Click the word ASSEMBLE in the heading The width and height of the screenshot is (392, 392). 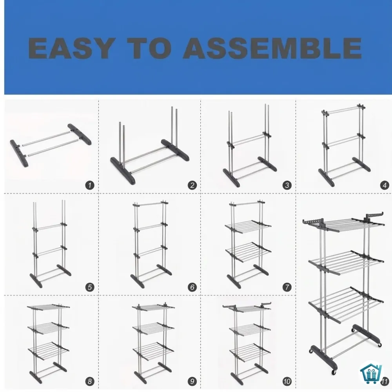click(x=272, y=48)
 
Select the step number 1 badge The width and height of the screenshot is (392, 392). click(x=90, y=185)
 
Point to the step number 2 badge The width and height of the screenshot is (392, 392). click(x=192, y=185)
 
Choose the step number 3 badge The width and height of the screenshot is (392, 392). click(x=287, y=185)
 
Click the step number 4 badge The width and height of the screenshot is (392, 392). click(x=385, y=185)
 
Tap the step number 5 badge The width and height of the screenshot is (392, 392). click(x=90, y=287)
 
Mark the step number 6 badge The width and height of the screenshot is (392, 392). click(x=192, y=287)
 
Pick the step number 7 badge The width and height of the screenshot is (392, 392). click(x=287, y=287)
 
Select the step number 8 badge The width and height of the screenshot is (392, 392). click(x=90, y=381)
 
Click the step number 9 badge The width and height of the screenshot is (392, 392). click(x=192, y=381)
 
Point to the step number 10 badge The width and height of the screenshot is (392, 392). click(x=287, y=381)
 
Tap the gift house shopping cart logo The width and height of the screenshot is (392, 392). click(x=371, y=372)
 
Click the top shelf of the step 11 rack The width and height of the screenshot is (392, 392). click(x=344, y=223)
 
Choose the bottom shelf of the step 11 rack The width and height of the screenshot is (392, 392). click(x=346, y=305)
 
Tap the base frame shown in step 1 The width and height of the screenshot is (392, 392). click(x=51, y=145)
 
